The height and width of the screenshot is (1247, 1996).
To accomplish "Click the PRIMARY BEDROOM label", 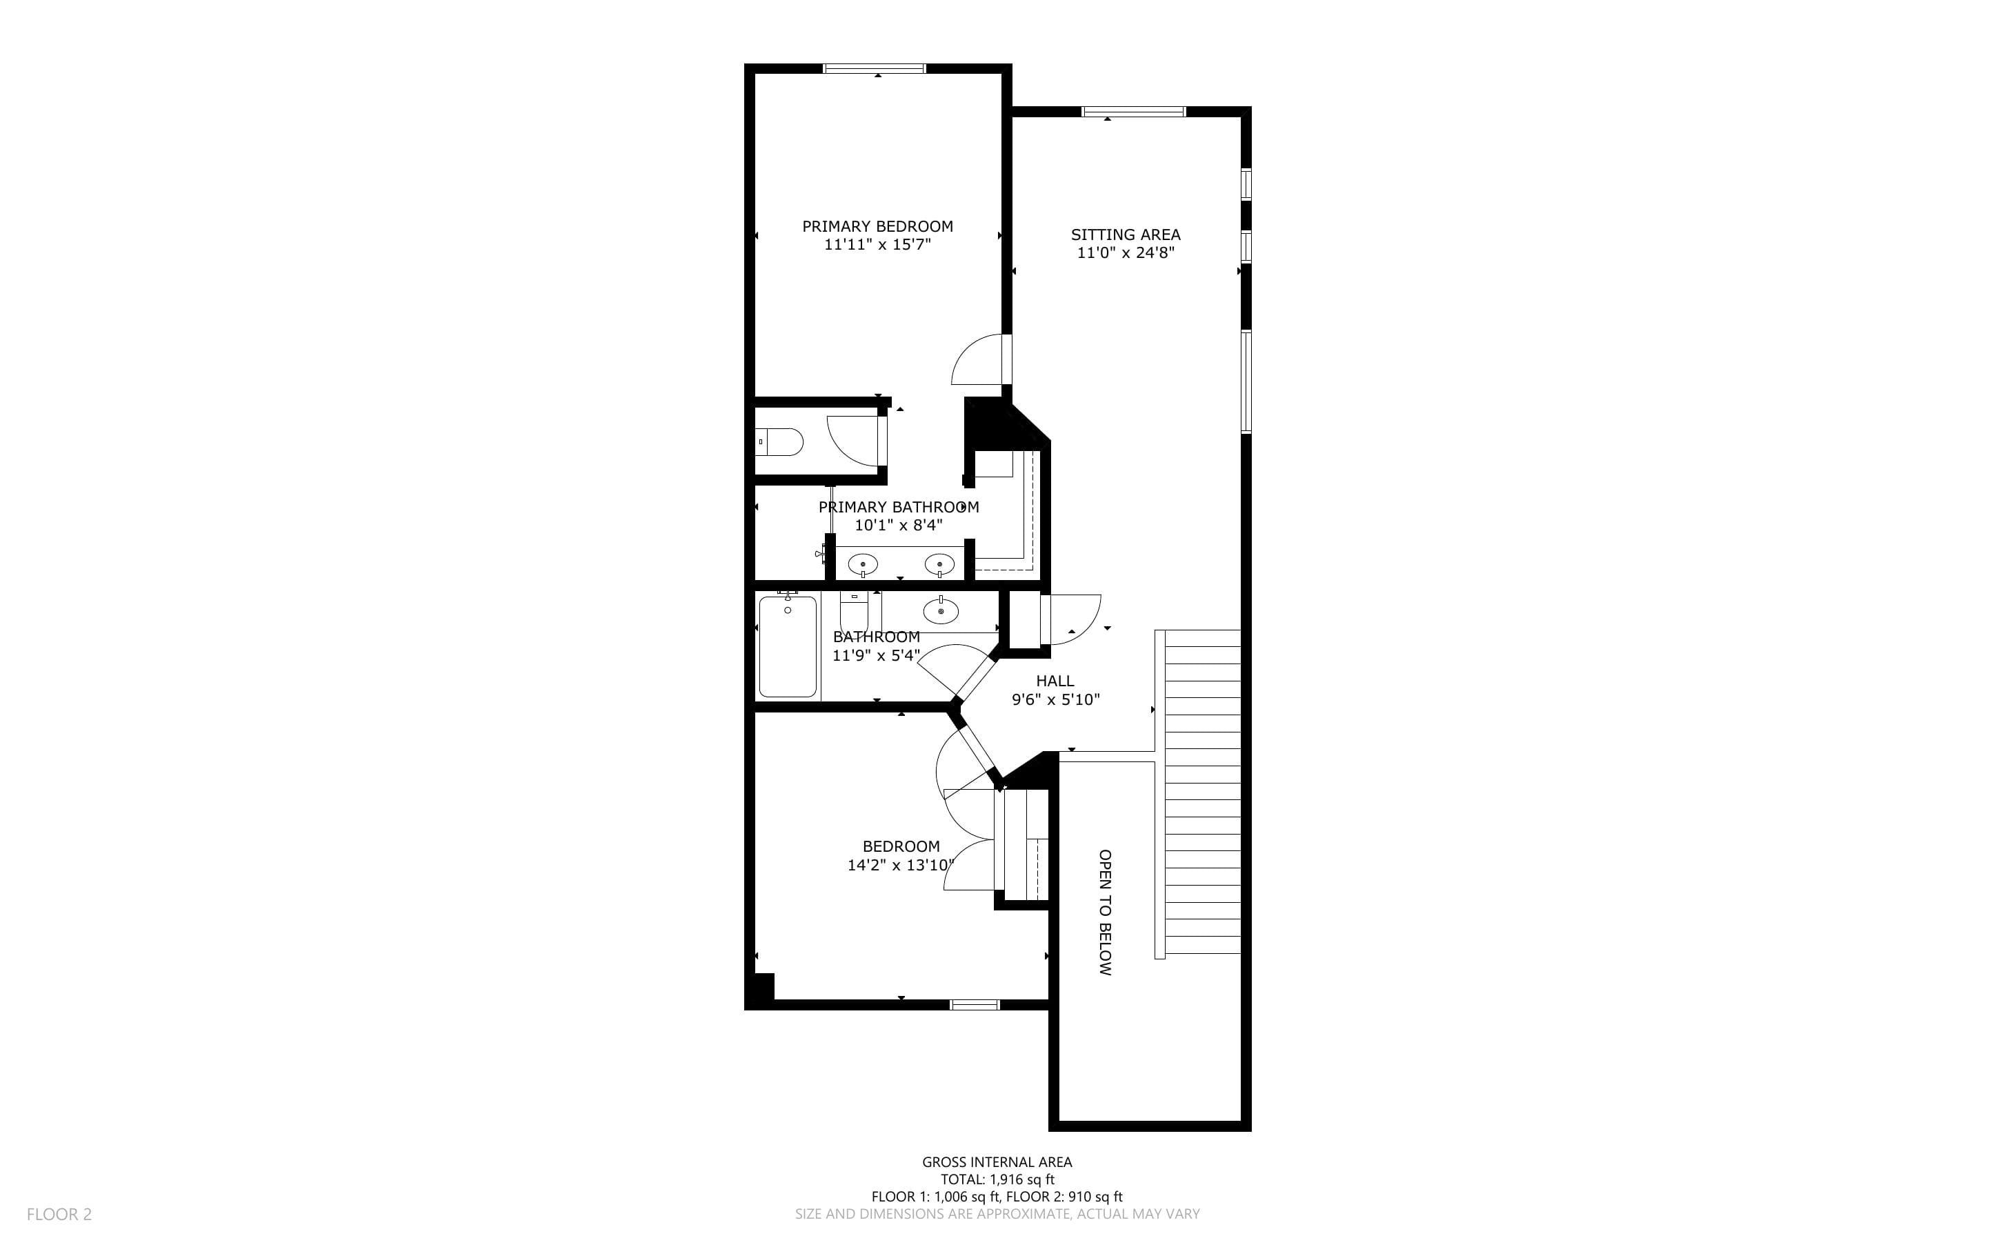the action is (877, 226).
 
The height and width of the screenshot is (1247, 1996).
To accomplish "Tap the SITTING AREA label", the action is (1126, 235).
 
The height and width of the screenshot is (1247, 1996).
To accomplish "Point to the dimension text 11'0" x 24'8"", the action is (1126, 253).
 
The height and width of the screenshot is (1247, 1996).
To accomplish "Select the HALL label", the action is (1055, 681).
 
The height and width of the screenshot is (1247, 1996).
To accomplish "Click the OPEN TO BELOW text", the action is (1106, 912).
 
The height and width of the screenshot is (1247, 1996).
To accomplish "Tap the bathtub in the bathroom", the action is (788, 646).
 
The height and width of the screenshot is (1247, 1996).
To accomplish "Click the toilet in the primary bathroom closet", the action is (780, 442).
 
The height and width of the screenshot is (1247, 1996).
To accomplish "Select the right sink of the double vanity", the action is (940, 565).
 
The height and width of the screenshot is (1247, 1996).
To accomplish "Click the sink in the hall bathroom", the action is (941, 611).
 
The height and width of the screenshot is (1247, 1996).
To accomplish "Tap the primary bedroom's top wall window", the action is (875, 68).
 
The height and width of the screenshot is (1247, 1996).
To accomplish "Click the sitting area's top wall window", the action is (1134, 111).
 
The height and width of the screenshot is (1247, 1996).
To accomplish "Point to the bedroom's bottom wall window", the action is (975, 1004).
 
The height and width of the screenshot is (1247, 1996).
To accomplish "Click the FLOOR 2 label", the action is (59, 1214).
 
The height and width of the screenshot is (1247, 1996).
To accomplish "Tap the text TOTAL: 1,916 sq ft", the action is (997, 1179).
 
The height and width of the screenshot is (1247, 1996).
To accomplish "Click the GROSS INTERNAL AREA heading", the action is (997, 1162).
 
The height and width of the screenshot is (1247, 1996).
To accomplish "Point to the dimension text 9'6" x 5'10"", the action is (1056, 700).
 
